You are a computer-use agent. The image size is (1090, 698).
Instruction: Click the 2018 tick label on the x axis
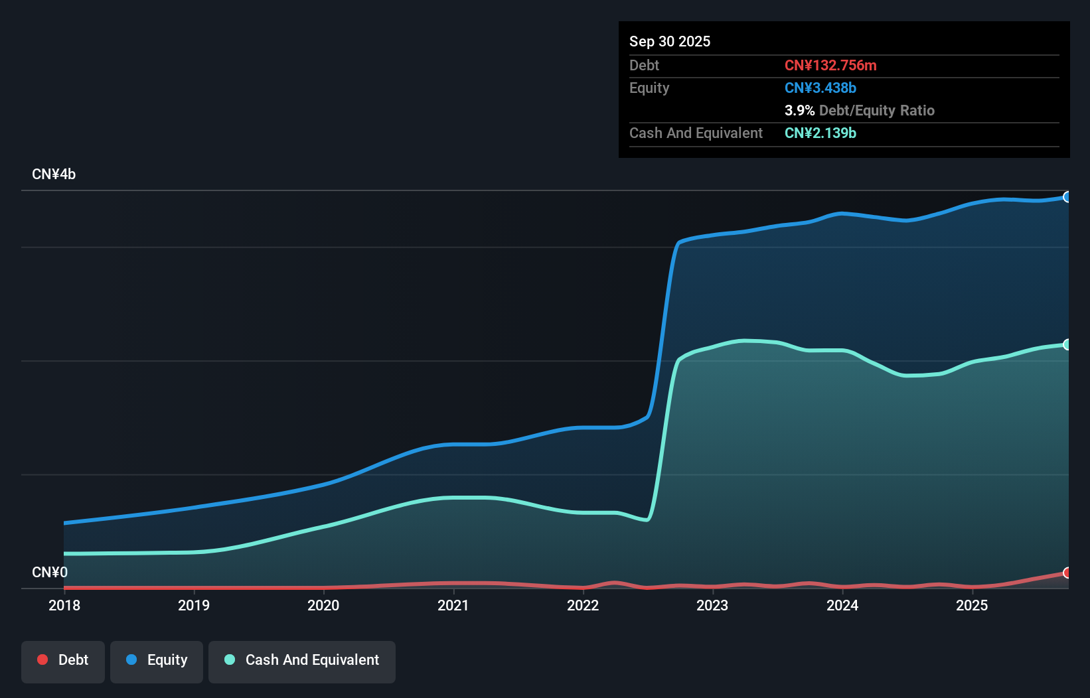64,605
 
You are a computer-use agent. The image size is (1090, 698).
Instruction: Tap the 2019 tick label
194,605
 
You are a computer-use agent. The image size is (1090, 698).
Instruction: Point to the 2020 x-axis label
323,605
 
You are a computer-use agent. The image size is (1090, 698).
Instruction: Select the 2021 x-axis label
453,605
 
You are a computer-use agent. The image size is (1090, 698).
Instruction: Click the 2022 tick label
583,605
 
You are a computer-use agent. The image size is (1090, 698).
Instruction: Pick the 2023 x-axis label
712,605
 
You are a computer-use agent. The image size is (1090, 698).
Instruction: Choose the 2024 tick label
842,605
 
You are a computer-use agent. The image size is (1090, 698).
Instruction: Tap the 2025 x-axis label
972,605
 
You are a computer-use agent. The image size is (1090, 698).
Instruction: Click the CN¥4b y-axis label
54,174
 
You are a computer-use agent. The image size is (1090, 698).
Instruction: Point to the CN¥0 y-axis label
50,572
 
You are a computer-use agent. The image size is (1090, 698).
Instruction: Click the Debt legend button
63,660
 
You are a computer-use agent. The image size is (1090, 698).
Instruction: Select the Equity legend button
157,660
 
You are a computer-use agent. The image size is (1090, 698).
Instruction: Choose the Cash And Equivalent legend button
302,660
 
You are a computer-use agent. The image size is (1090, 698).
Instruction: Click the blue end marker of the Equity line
1067,197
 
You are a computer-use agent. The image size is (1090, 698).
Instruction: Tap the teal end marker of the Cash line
1067,344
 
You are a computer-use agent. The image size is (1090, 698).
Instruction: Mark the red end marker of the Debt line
1067,573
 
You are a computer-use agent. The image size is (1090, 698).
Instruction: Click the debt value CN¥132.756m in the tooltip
830,65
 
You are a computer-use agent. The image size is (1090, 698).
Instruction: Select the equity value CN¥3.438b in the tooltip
820,88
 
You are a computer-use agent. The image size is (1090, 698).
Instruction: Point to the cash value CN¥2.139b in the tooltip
820,133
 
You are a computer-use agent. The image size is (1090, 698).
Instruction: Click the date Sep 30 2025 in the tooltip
670,41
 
